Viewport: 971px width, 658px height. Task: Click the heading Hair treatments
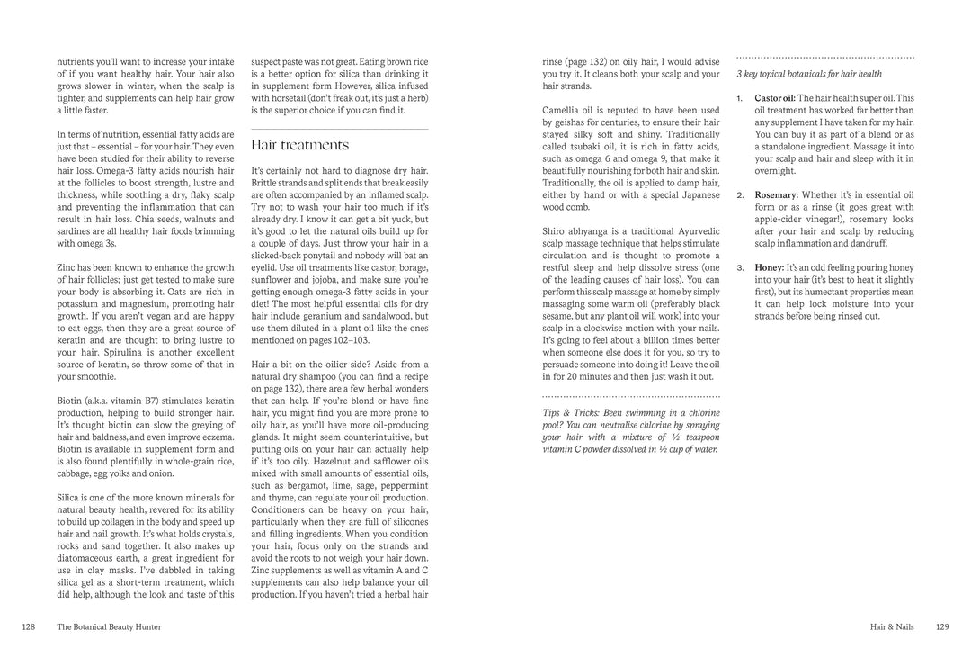[x=299, y=145]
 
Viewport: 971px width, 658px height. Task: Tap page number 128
[x=29, y=627]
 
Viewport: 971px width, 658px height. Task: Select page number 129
[x=942, y=627]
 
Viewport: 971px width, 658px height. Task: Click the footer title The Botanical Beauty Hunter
[x=109, y=627]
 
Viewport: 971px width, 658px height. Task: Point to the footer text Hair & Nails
[x=891, y=627]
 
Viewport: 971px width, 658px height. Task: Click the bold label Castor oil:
[x=775, y=98]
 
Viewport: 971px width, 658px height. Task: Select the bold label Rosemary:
[x=777, y=194]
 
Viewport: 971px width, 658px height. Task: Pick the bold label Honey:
[x=770, y=268]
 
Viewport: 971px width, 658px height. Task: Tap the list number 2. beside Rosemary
[x=740, y=194]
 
